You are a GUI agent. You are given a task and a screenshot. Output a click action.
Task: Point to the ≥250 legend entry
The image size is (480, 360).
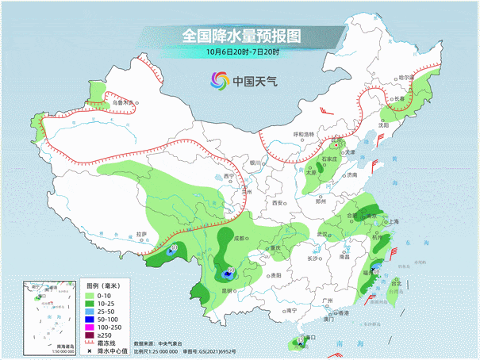(103, 335)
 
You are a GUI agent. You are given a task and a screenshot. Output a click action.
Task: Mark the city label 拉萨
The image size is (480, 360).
(141, 234)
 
